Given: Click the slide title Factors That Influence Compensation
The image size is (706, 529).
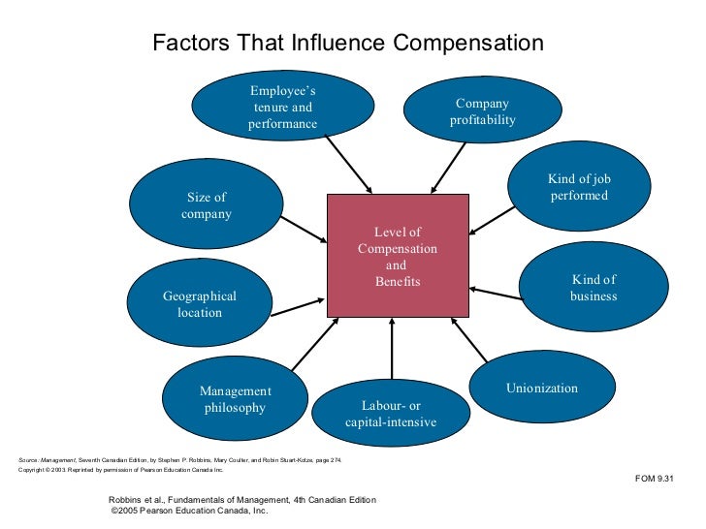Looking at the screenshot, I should (348, 44).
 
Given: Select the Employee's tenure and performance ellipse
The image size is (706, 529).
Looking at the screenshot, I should (282, 108).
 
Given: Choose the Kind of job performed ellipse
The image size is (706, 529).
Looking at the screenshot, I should (578, 187).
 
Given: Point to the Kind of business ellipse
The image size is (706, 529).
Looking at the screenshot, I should (594, 287).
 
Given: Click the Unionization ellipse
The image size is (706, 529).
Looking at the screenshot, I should (541, 389).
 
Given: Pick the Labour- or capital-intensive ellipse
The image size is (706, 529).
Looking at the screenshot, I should (391, 414).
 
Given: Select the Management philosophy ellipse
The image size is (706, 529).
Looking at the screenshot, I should (235, 399).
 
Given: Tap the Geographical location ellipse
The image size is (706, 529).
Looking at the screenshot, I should (200, 303).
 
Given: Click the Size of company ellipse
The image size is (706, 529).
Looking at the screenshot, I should (206, 205).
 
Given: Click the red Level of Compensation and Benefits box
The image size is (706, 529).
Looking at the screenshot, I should (398, 256).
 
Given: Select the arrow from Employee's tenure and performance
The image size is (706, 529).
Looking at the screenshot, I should (350, 164).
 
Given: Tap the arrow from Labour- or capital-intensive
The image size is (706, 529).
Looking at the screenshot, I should (392, 349).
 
